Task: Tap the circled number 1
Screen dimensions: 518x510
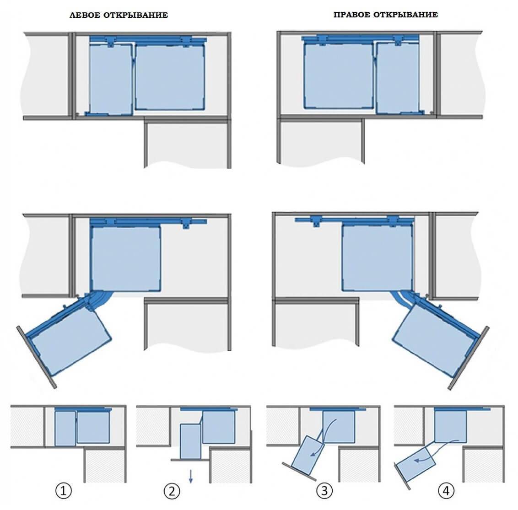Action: pos(64,491)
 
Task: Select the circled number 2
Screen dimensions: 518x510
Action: pos(172,491)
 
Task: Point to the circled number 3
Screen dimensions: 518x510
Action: pos(324,491)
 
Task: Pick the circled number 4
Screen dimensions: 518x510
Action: pos(446,491)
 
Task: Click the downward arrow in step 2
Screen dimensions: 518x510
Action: pos(191,477)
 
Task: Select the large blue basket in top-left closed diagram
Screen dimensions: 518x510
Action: pos(170,77)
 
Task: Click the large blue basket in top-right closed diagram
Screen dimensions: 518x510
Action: pos(339,75)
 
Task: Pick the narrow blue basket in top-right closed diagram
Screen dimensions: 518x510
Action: pos(399,78)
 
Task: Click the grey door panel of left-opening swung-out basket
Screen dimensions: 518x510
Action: pos(36,357)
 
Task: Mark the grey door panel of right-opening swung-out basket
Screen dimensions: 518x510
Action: pos(469,358)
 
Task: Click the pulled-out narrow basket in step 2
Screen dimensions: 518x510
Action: pos(191,442)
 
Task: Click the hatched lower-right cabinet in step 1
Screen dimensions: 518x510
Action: pos(104,465)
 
